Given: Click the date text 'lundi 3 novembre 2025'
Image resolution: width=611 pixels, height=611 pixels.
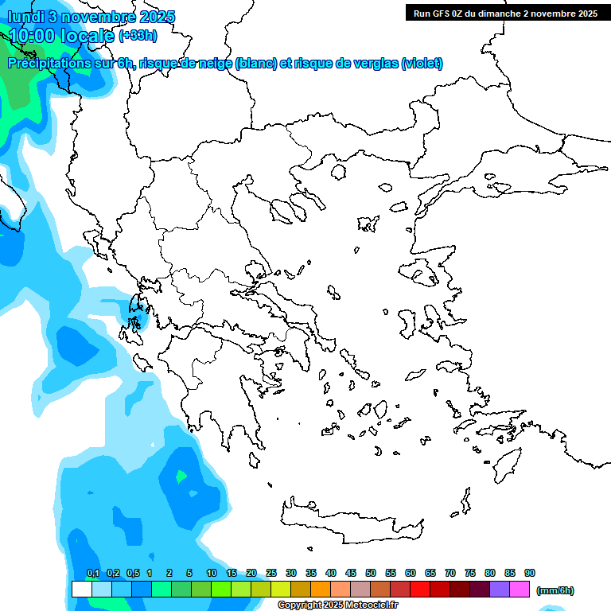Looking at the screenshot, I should pyautogui.click(x=91, y=17).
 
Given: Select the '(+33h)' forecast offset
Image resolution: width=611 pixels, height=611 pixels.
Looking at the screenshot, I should pyautogui.click(x=138, y=35).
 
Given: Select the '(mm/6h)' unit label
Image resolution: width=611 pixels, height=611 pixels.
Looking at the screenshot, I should pyautogui.click(x=555, y=590).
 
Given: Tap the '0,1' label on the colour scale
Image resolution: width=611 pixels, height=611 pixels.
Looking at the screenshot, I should pyautogui.click(x=93, y=574).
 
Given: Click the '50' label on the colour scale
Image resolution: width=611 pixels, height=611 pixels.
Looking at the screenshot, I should pyautogui.click(x=371, y=574).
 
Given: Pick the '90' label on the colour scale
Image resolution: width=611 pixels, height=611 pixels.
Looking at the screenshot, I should pyautogui.click(x=530, y=574).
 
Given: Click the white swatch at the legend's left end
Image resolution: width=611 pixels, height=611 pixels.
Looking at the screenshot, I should pyautogui.click(x=81, y=590).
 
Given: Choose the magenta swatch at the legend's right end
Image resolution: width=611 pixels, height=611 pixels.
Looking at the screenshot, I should pyautogui.click(x=520, y=590).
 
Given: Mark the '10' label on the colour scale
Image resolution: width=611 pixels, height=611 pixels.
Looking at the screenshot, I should pyautogui.click(x=212, y=574).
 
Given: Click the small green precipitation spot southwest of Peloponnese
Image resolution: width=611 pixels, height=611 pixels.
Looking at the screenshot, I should pyautogui.click(x=182, y=477).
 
